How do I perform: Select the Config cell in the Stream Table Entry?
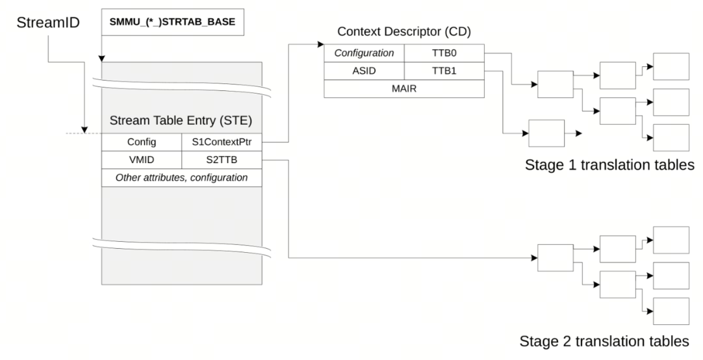tap(142, 142)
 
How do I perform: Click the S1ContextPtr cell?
tap(222, 142)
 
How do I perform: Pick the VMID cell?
tap(142, 160)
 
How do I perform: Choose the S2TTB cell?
tap(222, 160)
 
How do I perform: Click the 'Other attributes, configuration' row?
tap(181, 177)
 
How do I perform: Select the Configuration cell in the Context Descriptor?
tap(364, 54)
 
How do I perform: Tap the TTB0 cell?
tap(444, 54)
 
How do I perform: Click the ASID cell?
tap(364, 71)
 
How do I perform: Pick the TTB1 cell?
tap(444, 71)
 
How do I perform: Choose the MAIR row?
tap(403, 89)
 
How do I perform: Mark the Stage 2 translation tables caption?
tap(605, 341)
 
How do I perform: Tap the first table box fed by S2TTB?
tap(554, 257)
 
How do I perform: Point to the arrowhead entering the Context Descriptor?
tap(320, 45)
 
